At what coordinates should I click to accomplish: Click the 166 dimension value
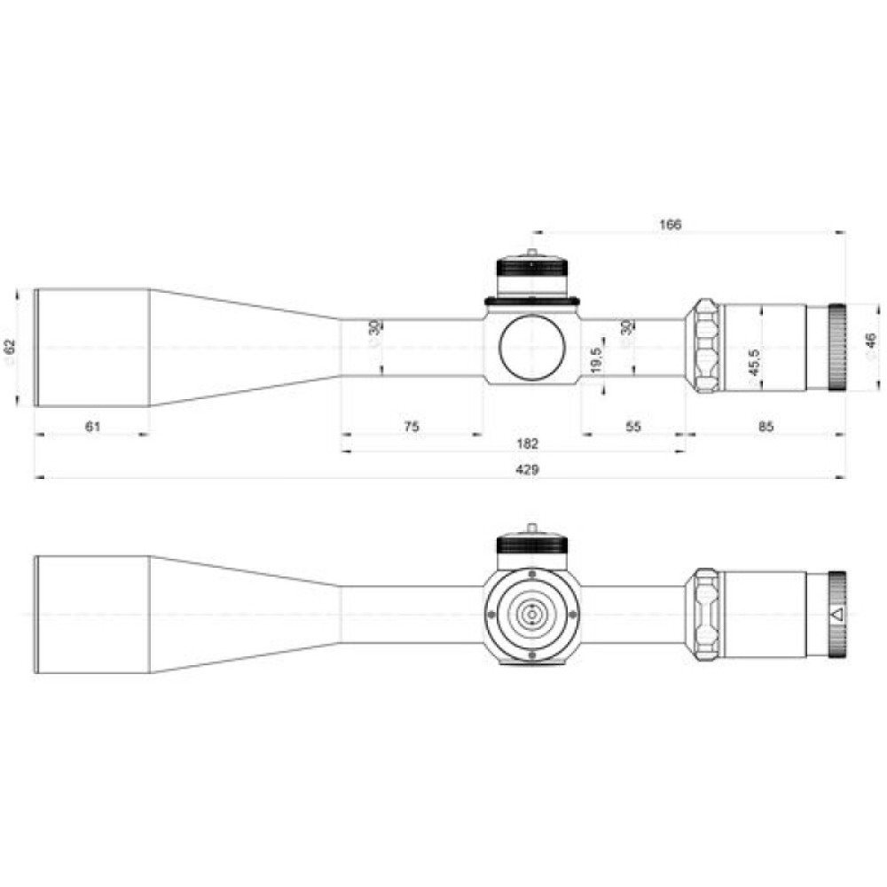671,224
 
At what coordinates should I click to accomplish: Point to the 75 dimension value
412,427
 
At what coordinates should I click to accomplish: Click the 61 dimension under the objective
91,427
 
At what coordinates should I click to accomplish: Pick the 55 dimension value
632,427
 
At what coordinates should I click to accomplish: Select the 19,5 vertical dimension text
596,361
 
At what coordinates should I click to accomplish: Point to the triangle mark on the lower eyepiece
836,613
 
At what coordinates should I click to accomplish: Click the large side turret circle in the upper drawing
531,347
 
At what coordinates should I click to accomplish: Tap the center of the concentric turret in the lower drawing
531,614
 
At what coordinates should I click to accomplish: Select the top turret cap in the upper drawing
531,276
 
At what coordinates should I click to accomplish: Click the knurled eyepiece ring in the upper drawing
836,347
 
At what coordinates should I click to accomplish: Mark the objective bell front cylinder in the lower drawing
91,614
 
